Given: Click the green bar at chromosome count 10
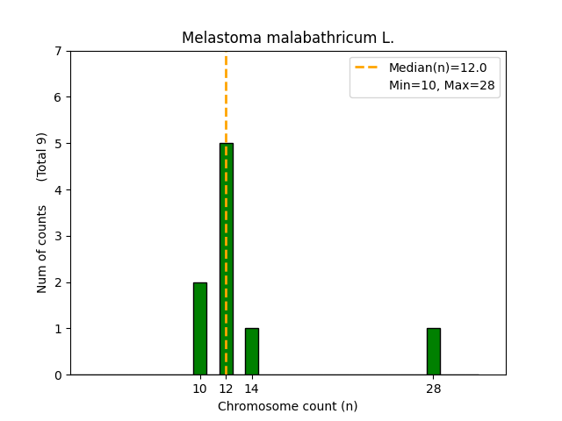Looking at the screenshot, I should coord(200,329).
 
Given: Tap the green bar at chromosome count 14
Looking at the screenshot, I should coord(252,352).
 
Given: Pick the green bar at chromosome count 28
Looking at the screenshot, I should coord(433,352).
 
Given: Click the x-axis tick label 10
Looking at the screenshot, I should coord(200,389).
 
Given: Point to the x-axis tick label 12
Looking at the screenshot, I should coord(226,389).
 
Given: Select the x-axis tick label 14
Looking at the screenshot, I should coord(252,389).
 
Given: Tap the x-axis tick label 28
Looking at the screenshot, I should coord(433,389).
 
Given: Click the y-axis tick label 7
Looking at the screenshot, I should coord(58,51).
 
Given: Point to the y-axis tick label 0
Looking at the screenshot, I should coord(58,375).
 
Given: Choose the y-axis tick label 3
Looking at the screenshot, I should coord(58,236).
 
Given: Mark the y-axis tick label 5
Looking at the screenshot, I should coord(58,144).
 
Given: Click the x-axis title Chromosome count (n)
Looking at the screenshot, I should coord(288,406).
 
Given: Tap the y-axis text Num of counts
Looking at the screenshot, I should coord(42,249).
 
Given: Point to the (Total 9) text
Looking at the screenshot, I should coord(42,156).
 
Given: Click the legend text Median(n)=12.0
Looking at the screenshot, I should coord(443,68).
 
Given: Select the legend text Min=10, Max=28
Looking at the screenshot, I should coord(443,85).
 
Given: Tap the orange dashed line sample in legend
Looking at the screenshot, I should coord(369,68).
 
